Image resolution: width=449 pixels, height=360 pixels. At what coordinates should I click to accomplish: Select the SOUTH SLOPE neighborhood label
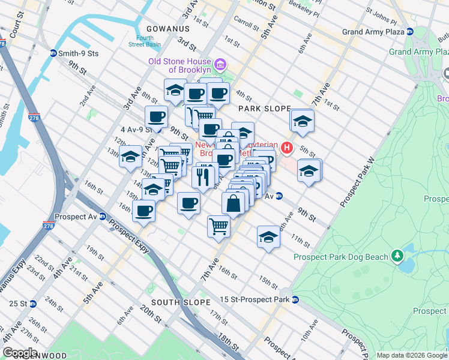click(x=181, y=302)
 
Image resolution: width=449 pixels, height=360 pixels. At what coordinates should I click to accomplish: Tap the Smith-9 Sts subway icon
click(x=53, y=53)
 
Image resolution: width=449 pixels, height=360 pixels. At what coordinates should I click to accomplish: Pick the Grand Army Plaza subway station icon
click(x=409, y=31)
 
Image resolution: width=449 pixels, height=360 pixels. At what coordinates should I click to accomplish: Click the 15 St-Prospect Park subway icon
click(x=295, y=299)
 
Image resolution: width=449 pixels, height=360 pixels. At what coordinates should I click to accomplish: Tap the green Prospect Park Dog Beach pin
click(x=397, y=257)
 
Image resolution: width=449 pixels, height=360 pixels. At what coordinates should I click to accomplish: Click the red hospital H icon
click(x=287, y=147)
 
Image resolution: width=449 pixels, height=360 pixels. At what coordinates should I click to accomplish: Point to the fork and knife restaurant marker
click(x=203, y=176)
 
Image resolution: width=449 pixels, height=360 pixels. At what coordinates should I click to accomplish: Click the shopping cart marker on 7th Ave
click(x=219, y=227)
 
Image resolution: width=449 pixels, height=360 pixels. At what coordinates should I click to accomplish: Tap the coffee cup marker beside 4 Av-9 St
click(x=156, y=117)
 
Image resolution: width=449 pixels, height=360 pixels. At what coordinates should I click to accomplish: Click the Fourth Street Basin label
click(x=144, y=41)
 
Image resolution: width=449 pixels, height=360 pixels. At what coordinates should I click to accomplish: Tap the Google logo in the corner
click(x=20, y=353)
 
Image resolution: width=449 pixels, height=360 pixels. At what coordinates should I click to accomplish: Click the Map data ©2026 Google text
click(x=412, y=355)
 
